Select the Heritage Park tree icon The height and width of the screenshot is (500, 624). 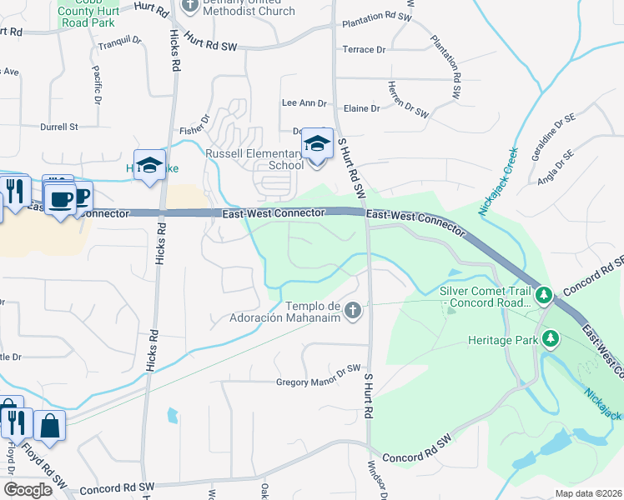[x=550, y=338]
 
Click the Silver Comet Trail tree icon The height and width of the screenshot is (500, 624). [x=544, y=295]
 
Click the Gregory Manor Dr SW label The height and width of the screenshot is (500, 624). [x=318, y=382]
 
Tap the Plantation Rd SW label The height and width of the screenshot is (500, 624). [x=378, y=17]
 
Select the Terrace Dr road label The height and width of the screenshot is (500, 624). [x=365, y=50]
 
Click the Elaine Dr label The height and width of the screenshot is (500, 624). [x=361, y=108]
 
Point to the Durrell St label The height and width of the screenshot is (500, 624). [x=58, y=127]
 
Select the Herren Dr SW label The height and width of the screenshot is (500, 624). [x=408, y=99]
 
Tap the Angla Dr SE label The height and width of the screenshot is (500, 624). [x=556, y=167]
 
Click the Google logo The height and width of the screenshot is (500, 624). [x=28, y=490]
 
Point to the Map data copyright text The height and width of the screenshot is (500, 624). [x=587, y=493]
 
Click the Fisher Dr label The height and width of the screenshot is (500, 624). [x=194, y=131]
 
